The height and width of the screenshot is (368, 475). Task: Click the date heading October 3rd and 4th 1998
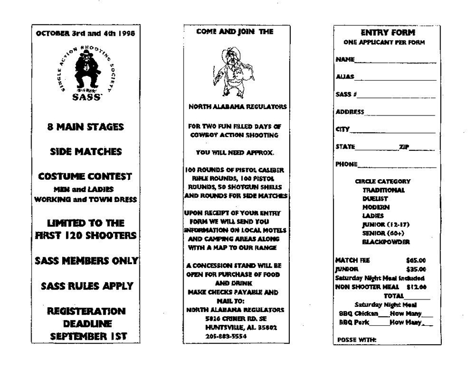(85, 33)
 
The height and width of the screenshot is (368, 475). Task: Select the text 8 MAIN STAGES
(85, 127)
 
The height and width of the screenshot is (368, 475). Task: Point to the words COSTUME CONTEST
(85, 176)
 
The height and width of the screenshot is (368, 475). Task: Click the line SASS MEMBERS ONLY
(86, 260)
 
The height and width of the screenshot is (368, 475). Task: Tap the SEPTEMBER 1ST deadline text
(85, 336)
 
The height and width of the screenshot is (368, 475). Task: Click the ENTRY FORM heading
(387, 33)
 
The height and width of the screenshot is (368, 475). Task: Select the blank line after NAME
(395, 61)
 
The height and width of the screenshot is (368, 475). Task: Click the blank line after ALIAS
(395, 78)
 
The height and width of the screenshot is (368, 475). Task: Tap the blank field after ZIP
(422, 148)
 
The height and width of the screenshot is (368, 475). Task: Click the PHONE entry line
(397, 165)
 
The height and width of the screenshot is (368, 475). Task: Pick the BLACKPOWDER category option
(386, 241)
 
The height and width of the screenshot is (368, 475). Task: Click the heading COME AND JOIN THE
(234, 32)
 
